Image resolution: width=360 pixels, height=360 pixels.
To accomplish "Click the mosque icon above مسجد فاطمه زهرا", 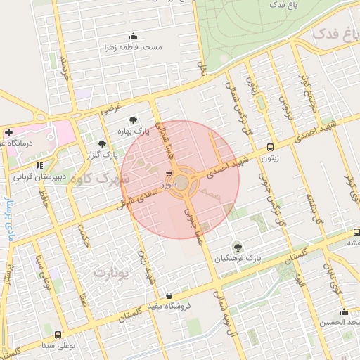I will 133,37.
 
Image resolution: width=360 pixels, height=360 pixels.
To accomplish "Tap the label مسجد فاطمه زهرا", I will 133,47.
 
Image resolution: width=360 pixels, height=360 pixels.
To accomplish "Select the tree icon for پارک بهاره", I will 134,120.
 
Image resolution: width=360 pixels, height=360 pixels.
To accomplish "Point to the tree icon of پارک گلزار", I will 103,143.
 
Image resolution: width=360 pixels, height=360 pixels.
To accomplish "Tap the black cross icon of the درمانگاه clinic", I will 8,132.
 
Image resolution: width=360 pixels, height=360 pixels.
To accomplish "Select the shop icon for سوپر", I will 168,173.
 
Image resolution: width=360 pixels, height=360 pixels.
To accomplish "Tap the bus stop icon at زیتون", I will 271,148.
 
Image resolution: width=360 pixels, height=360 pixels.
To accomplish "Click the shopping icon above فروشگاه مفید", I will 168,295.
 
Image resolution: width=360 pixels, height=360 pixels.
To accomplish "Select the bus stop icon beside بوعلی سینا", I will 56,335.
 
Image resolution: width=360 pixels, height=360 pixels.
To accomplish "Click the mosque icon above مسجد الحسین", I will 343,312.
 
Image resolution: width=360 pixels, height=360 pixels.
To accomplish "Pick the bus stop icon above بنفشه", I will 356,231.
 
